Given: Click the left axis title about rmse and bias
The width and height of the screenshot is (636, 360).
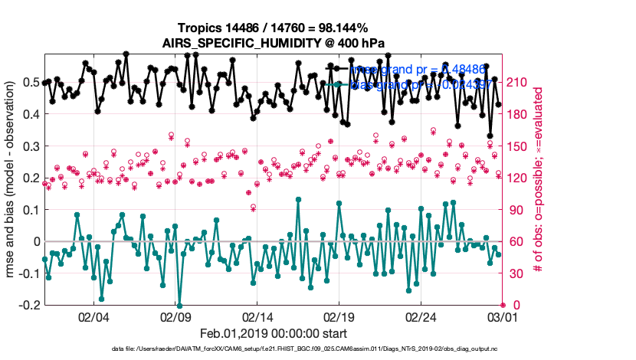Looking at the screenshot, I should click(x=12, y=179).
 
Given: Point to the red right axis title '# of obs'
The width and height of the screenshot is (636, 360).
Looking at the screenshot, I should click(x=539, y=179).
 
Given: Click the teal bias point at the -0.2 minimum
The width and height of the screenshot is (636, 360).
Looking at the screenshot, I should click(x=179, y=305).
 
